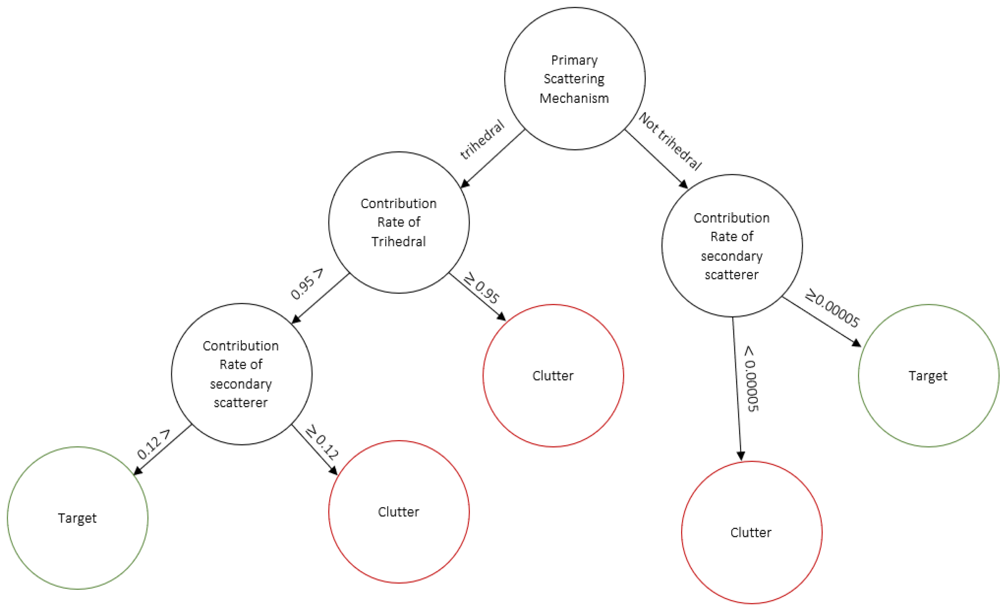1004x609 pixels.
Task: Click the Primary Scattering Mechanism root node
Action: click(x=574, y=79)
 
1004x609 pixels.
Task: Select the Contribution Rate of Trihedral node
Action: click(x=398, y=222)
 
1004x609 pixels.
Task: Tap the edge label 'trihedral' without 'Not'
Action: click(x=482, y=139)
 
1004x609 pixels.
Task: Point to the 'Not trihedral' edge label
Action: click(x=670, y=141)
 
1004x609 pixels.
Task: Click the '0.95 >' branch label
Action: click(x=306, y=284)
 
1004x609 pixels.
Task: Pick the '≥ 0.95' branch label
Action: click(x=482, y=288)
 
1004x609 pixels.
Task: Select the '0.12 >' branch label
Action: click(x=153, y=445)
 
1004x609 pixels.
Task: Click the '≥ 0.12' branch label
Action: click(x=322, y=442)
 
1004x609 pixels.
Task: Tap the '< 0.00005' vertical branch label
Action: click(x=751, y=379)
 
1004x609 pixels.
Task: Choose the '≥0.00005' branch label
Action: click(x=832, y=308)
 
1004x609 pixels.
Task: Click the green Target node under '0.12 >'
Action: click(x=78, y=518)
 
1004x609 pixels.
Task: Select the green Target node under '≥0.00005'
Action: click(x=928, y=376)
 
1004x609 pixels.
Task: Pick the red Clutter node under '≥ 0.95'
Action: click(x=553, y=376)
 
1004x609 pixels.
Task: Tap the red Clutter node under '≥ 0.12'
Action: click(x=398, y=512)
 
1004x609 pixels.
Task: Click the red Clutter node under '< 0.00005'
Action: click(x=751, y=533)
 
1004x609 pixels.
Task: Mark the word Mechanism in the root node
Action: click(x=574, y=98)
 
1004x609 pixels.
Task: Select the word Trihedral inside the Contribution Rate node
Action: click(x=398, y=242)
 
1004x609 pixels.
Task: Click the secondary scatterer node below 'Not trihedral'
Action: click(x=732, y=246)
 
